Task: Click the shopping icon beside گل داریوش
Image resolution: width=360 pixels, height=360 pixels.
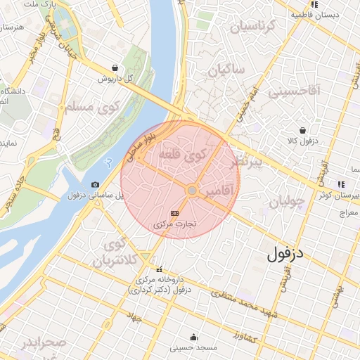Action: click(114, 68)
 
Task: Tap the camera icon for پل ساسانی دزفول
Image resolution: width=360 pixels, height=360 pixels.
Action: click(96, 184)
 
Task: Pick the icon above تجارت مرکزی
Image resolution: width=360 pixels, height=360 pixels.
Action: click(174, 213)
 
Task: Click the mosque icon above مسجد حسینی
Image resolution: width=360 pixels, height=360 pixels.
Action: click(193, 337)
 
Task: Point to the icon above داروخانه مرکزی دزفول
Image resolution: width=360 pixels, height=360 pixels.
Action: click(160, 269)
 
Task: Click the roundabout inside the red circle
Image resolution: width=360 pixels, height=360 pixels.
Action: click(191, 191)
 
